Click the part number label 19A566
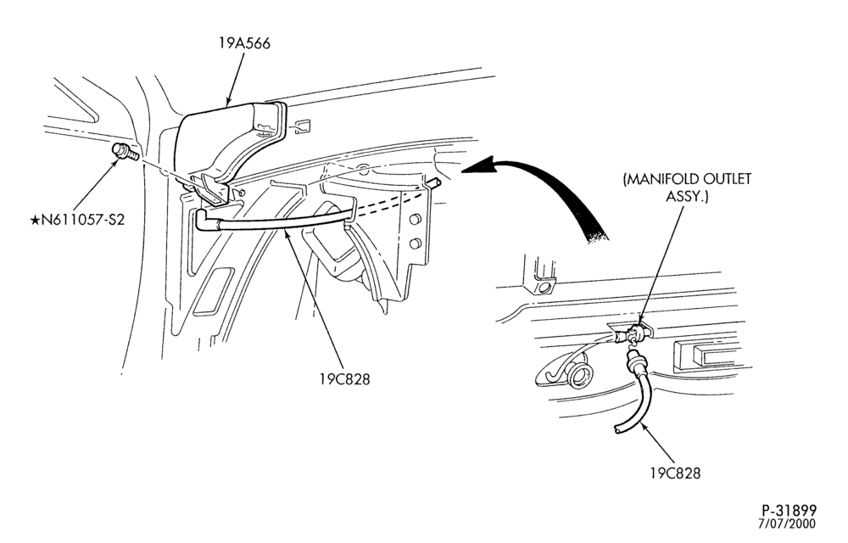point(244,43)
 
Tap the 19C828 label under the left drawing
point(344,379)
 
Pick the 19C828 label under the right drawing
point(675,473)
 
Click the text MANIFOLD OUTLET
point(687,179)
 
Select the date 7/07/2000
point(787,523)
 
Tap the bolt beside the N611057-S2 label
point(125,151)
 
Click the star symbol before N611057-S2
point(35,220)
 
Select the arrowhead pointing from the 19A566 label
point(229,99)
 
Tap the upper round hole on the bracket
point(416,220)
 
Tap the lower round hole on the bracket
point(416,244)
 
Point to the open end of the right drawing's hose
point(617,429)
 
